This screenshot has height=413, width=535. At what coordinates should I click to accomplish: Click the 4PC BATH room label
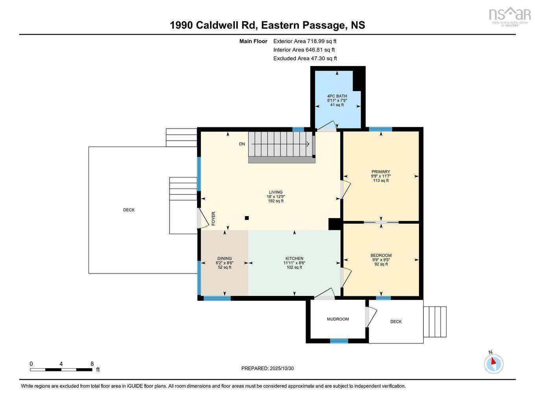pyautogui.click(x=337, y=96)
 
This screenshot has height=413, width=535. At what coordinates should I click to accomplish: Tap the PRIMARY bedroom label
pyautogui.click(x=380, y=172)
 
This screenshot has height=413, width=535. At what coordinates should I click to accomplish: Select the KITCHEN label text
pyautogui.click(x=294, y=259)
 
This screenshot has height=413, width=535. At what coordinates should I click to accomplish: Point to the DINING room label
pyautogui.click(x=224, y=259)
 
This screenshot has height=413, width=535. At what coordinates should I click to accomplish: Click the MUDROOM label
pyautogui.click(x=338, y=319)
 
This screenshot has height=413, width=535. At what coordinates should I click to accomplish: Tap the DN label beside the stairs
pyautogui.click(x=242, y=144)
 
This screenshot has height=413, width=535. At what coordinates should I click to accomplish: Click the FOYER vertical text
pyautogui.click(x=214, y=218)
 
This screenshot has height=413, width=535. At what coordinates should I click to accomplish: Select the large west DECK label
pyautogui.click(x=129, y=210)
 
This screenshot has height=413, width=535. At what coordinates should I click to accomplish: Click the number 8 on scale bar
pyautogui.click(x=92, y=364)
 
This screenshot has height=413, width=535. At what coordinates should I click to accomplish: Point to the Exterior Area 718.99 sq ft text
pyautogui.click(x=304, y=41)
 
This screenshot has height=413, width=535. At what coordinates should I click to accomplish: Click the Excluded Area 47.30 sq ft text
pyautogui.click(x=305, y=58)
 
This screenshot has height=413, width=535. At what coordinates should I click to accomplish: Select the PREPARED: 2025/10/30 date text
pyautogui.click(x=267, y=369)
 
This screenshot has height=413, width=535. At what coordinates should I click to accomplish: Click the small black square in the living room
pyautogui.click(x=247, y=218)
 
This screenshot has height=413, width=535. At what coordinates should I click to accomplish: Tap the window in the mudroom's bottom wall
pyautogui.click(x=339, y=341)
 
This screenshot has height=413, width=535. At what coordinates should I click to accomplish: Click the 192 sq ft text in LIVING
pyautogui.click(x=275, y=201)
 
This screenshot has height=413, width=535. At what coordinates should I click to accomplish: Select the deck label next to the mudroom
pyautogui.click(x=396, y=321)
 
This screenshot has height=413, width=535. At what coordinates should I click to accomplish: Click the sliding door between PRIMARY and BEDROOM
pyautogui.click(x=381, y=222)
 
